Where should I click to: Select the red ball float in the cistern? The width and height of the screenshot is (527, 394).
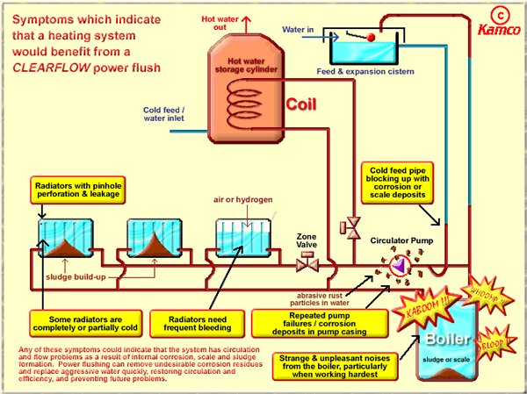point(372,37)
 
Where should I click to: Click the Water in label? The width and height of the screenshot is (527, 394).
point(299,29)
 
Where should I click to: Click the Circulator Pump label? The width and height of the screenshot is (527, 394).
point(402,239)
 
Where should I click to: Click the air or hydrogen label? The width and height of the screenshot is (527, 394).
point(242,200)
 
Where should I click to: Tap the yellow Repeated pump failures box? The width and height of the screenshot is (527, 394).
point(307,322)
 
